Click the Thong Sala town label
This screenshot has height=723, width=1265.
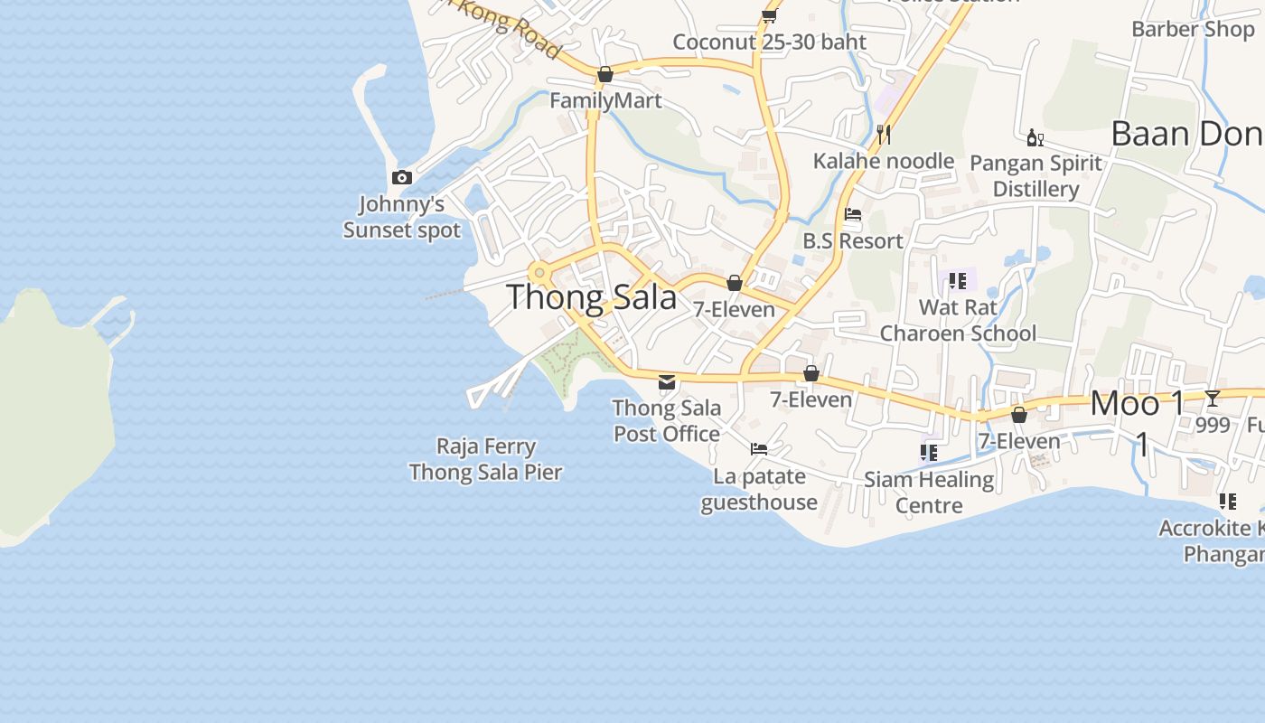(592, 297)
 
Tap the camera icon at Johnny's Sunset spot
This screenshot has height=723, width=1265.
(402, 178)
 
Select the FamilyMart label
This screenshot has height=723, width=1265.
(605, 100)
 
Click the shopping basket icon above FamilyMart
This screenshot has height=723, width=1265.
(605, 74)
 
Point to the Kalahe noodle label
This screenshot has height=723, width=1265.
(883, 161)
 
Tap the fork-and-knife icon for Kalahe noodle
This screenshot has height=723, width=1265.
(884, 135)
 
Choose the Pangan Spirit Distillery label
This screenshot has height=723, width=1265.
(1035, 175)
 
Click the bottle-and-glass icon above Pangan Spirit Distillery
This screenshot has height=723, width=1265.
(1035, 137)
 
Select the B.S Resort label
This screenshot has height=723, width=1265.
(853, 241)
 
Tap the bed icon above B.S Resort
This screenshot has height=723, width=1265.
(852, 215)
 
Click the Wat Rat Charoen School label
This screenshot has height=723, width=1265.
(958, 320)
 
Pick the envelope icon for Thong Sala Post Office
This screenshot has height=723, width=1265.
(667, 382)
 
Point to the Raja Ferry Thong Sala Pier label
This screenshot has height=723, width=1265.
(486, 459)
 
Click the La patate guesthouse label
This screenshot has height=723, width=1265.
(759, 489)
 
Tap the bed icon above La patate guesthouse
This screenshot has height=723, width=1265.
(759, 449)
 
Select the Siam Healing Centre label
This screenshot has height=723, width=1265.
(929, 492)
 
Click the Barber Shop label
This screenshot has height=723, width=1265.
(1193, 29)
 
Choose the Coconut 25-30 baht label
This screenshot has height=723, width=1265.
(769, 42)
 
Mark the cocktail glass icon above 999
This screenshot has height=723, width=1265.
(1213, 399)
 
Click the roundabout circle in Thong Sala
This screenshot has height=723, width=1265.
(539, 272)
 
